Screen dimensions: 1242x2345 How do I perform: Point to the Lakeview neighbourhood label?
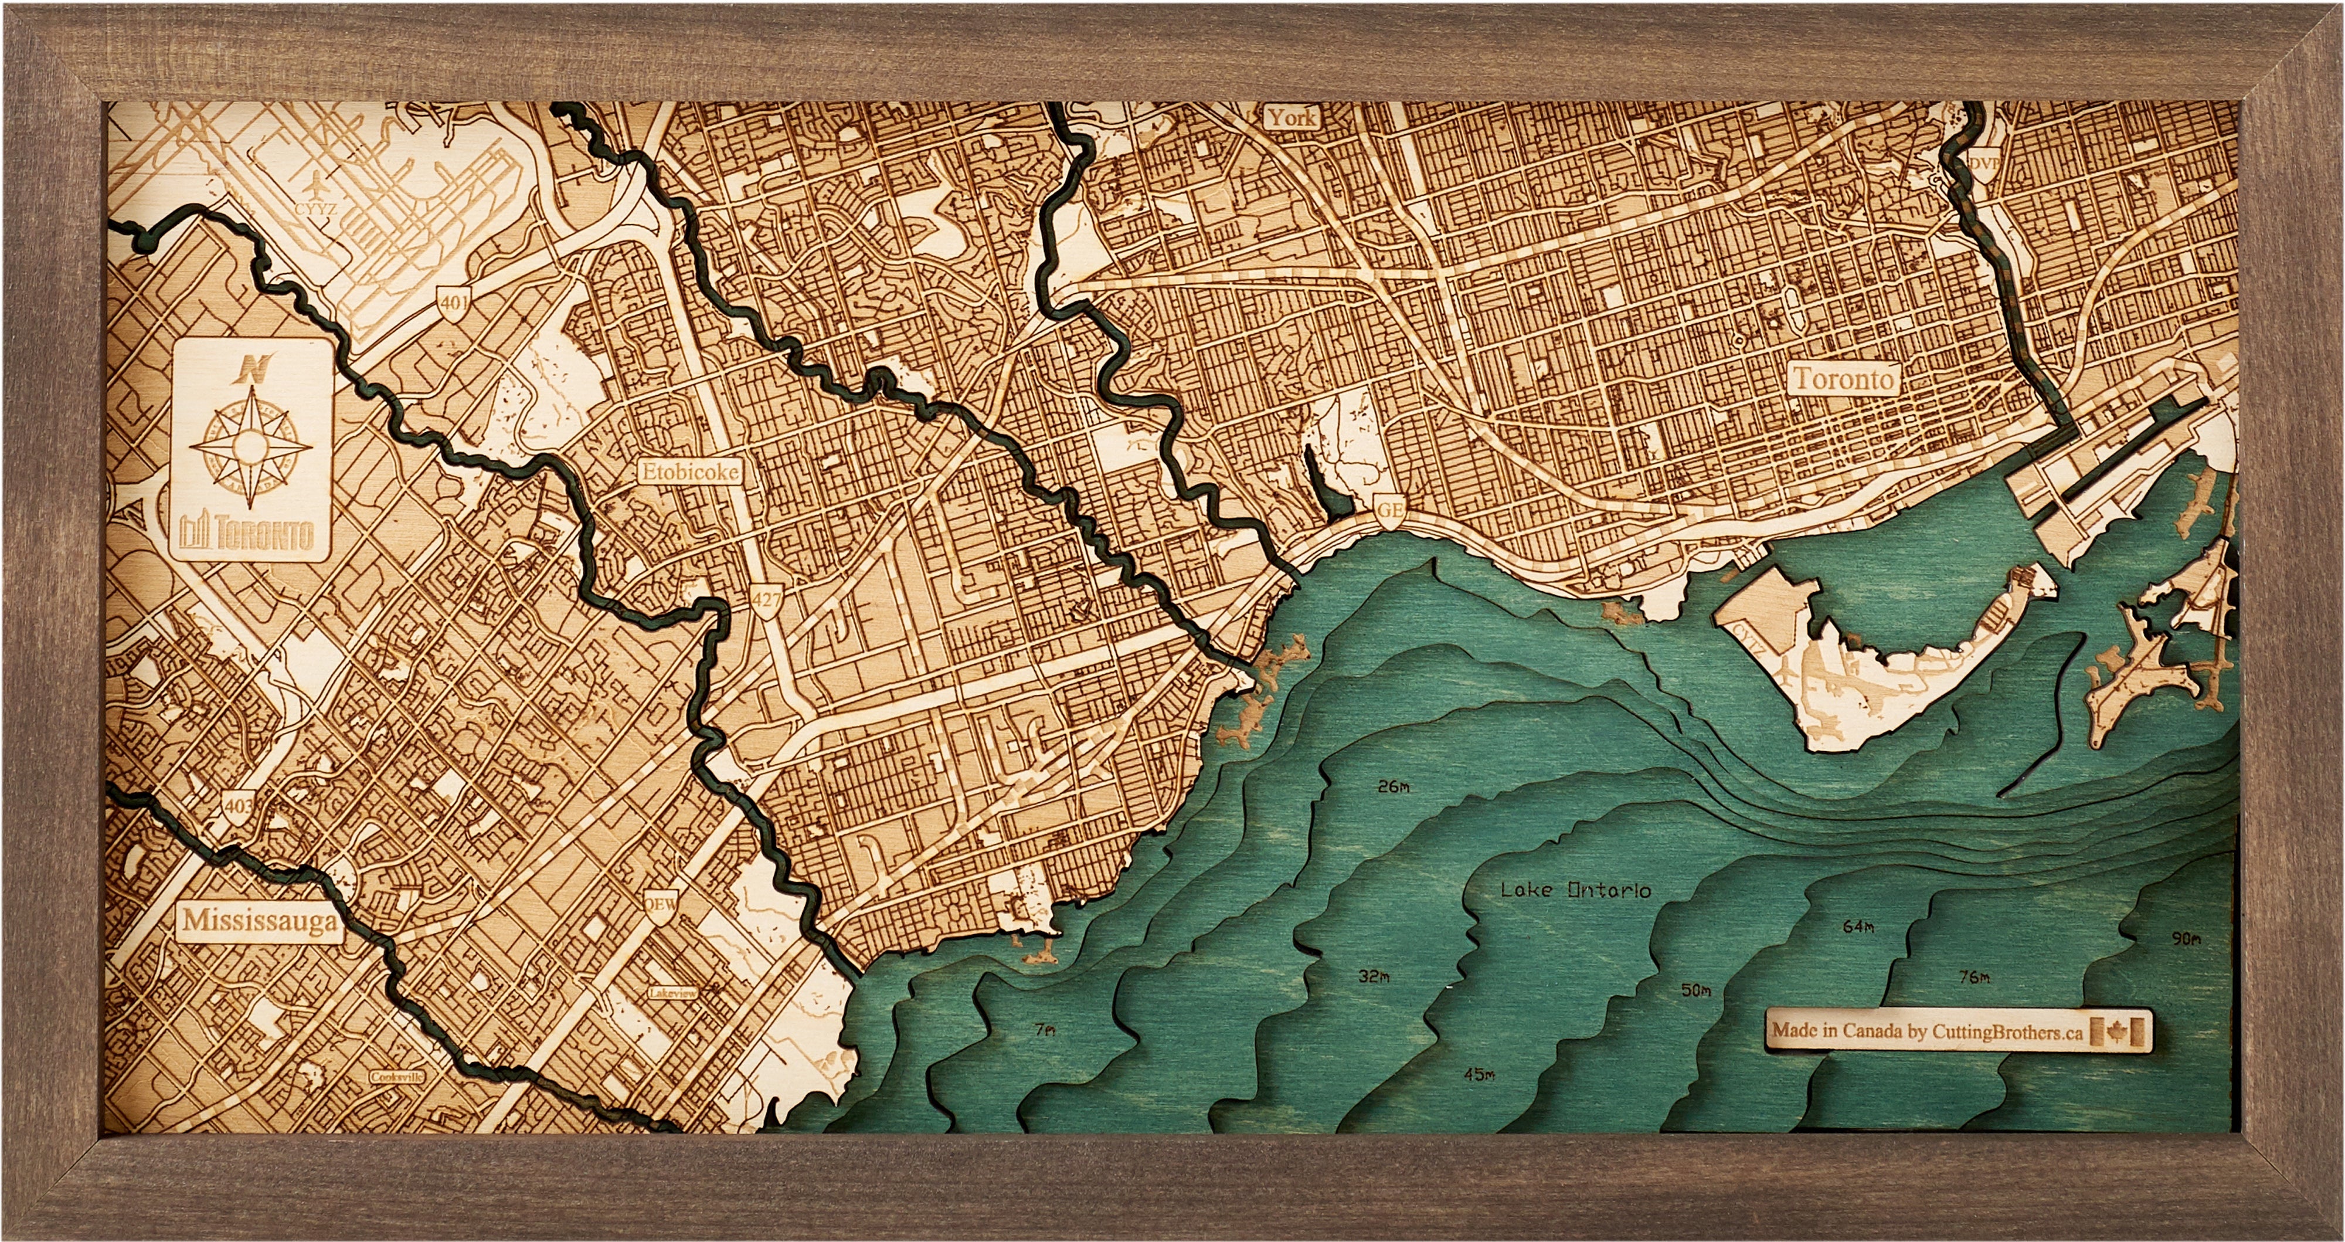coord(674,993)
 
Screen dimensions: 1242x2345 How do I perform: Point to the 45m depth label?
coord(1479,1100)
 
